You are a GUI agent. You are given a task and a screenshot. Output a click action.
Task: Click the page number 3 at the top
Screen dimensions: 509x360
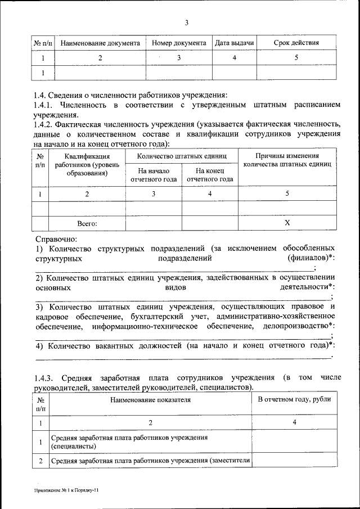click(186, 22)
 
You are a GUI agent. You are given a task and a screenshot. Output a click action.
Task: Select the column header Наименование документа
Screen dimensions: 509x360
click(100, 43)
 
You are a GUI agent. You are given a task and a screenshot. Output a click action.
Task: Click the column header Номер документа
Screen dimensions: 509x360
click(178, 43)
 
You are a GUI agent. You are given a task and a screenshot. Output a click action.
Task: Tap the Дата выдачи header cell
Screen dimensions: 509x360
click(234, 43)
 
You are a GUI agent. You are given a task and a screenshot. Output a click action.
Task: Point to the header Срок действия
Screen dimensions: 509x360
click(296, 43)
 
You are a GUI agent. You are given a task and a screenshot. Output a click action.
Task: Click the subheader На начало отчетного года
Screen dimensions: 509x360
click(154, 175)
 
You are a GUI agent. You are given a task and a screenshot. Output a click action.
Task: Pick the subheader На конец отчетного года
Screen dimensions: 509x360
click(210, 175)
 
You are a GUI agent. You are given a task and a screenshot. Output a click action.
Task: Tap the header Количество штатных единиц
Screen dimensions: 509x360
click(182, 156)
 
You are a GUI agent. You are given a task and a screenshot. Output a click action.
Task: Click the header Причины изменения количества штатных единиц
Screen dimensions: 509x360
click(287, 160)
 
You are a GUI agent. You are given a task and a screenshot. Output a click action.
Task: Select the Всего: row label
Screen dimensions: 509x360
click(87, 223)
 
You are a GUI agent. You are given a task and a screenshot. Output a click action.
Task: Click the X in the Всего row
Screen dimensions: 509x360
click(287, 223)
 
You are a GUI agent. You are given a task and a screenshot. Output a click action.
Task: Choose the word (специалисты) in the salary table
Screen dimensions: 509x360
click(73, 447)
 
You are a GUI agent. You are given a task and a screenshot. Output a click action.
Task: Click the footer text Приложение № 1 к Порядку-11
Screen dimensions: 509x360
click(66, 490)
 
